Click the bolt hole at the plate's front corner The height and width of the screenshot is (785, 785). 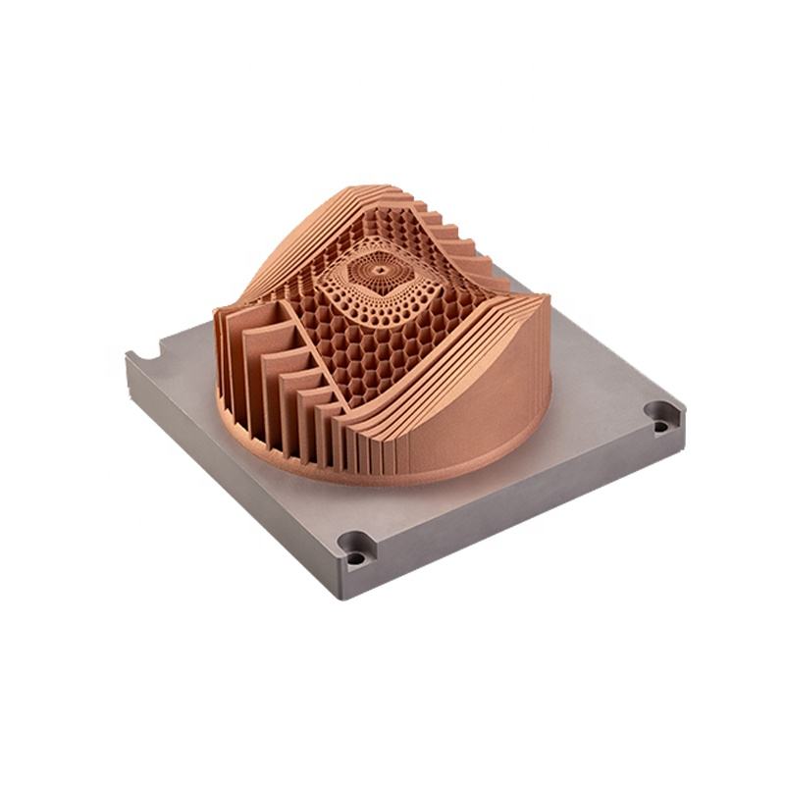pos(355,548)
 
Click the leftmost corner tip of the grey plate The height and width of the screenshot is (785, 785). pos(127,358)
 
